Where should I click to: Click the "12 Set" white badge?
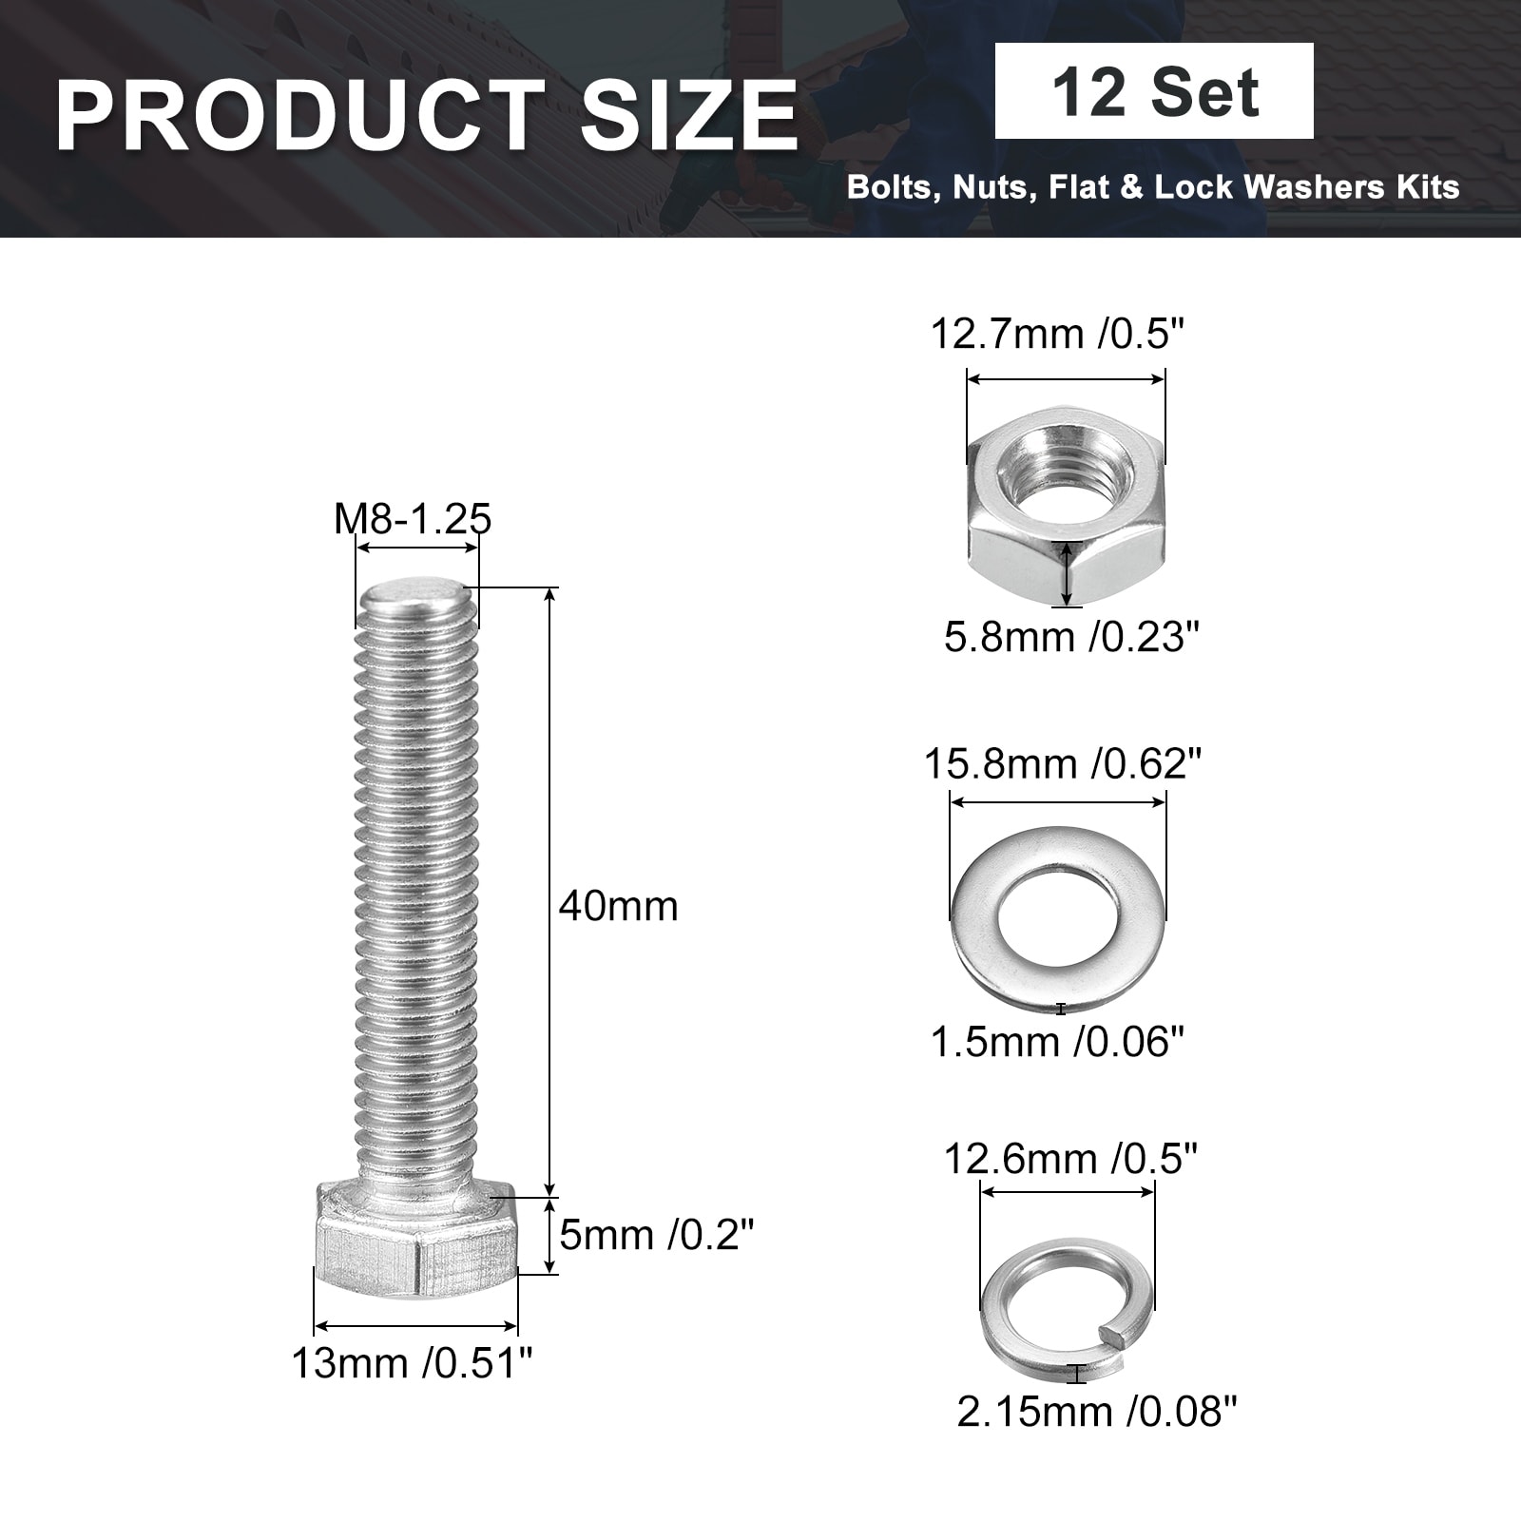[x=1154, y=91]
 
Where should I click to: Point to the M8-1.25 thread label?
[x=413, y=519]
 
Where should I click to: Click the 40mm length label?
[x=619, y=906]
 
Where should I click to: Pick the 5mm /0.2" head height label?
[x=656, y=1235]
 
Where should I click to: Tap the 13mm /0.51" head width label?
[x=412, y=1364]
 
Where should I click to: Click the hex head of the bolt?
[x=415, y=1239]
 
